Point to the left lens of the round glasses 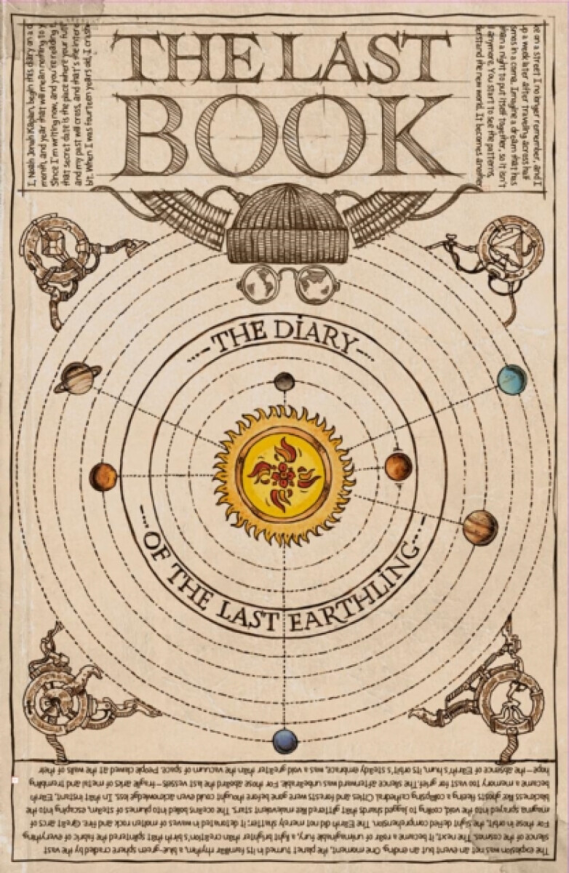(258, 284)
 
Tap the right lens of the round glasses (317, 284)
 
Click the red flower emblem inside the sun (283, 475)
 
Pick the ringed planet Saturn (77, 378)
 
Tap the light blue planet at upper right (512, 380)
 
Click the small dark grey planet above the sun (284, 381)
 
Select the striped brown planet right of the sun (480, 527)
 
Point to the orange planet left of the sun (103, 477)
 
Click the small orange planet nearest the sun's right (398, 466)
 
